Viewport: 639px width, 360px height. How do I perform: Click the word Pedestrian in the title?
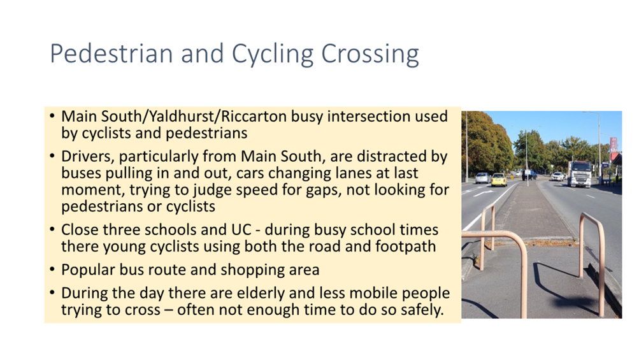click(111, 54)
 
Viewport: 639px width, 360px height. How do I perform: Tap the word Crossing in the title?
click(370, 54)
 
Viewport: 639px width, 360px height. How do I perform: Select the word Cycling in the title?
click(273, 54)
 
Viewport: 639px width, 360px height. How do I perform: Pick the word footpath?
click(405, 246)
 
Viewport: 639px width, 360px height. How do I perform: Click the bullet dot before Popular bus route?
click(52, 270)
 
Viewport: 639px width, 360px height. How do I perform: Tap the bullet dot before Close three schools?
click(52, 229)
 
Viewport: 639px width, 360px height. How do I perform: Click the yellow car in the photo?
click(499, 180)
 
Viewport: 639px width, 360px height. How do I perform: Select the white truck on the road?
click(580, 174)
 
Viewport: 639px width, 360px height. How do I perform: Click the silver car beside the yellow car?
click(483, 178)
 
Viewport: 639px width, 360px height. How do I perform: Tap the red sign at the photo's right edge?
click(614, 145)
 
